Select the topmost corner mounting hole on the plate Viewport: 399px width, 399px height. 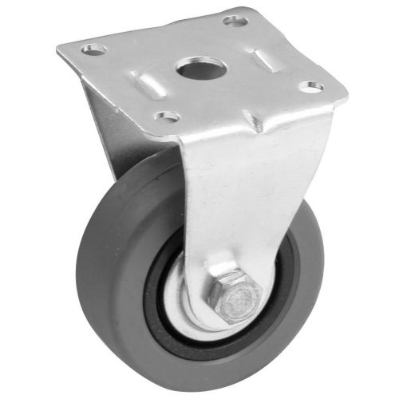point(235,19)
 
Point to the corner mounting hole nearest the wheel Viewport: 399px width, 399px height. point(166,117)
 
